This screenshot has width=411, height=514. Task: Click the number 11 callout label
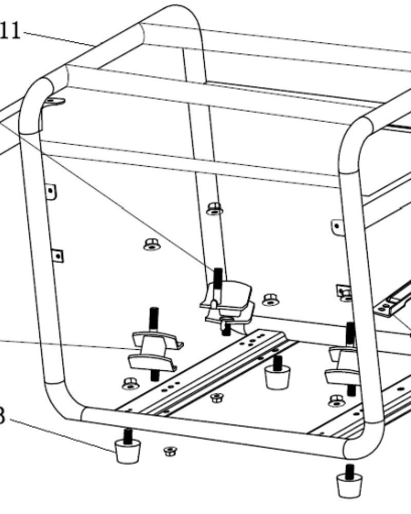(x=10, y=32)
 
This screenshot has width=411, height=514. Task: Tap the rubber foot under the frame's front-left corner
(x=127, y=451)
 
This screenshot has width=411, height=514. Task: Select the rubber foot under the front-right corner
(x=349, y=484)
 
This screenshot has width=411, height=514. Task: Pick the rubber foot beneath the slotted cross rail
(x=277, y=376)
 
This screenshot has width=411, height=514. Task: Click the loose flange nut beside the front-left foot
(x=167, y=451)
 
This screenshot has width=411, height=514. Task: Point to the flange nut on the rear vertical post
(x=215, y=208)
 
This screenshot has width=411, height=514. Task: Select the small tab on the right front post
(x=337, y=226)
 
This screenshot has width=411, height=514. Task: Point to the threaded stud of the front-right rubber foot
(x=349, y=469)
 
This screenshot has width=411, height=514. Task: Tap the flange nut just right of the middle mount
(x=270, y=299)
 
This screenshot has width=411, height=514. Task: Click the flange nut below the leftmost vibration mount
(x=130, y=383)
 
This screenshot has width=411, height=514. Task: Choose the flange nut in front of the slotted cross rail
(x=217, y=397)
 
